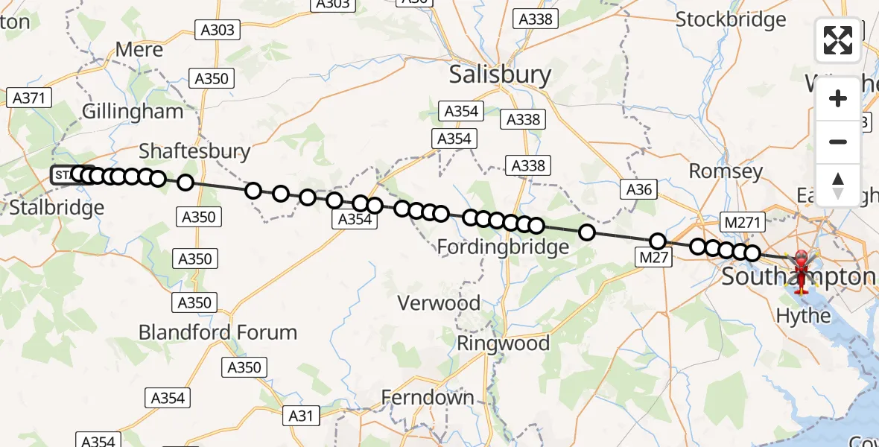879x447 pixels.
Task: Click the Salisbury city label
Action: (500, 74)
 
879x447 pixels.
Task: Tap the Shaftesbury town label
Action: (195, 151)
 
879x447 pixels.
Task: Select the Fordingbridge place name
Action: (503, 247)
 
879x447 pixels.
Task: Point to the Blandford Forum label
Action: (218, 332)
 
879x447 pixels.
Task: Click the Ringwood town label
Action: (503, 343)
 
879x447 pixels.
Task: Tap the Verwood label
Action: (439, 303)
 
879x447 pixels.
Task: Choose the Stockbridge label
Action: (731, 19)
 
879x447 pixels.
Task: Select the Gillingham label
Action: (133, 112)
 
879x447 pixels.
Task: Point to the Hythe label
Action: (803, 316)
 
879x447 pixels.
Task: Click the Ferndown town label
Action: (428, 398)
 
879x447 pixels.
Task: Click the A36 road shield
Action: (639, 189)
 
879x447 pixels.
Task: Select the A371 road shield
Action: (29, 97)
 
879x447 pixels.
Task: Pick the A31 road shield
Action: (302, 416)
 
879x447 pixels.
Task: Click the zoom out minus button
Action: (838, 142)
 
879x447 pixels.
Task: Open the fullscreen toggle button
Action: (838, 40)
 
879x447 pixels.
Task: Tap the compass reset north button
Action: (838, 185)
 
